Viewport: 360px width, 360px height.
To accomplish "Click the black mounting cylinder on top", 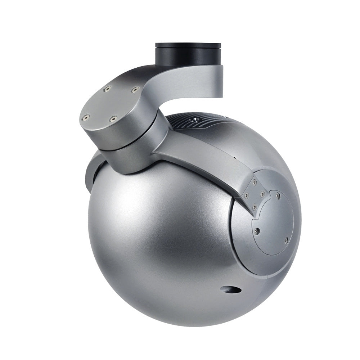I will click(188, 55).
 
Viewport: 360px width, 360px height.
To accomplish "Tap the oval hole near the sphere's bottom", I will click(231, 289).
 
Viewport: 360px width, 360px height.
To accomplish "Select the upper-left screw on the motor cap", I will click(107, 89).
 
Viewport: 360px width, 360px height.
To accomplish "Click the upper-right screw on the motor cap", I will click(135, 89).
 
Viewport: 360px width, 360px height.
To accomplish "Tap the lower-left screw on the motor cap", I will click(86, 117).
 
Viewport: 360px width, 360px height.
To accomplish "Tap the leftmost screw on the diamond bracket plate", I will click(247, 196).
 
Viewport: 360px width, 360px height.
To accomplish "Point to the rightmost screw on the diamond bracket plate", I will click(263, 195).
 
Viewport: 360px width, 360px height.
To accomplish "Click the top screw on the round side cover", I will click(278, 197).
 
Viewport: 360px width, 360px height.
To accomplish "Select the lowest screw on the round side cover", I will click(286, 240).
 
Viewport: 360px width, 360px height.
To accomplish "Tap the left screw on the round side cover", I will click(257, 230).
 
